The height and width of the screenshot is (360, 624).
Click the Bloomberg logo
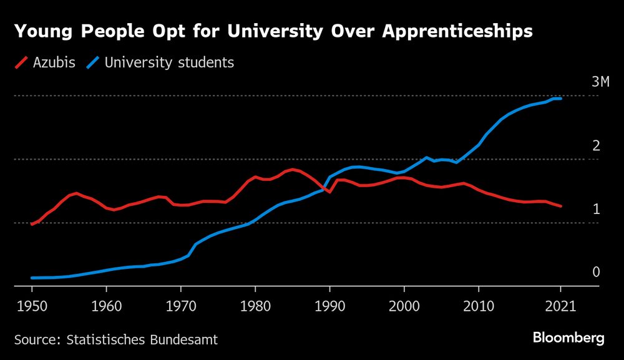tap(568, 338)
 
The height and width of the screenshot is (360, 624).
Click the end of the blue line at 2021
tap(560, 99)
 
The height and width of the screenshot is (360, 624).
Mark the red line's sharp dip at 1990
tap(329, 192)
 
